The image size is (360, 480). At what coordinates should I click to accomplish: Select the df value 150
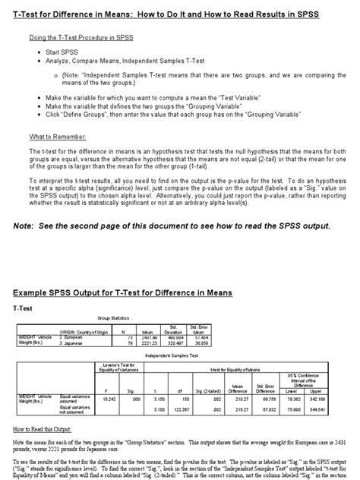click(x=185, y=396)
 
